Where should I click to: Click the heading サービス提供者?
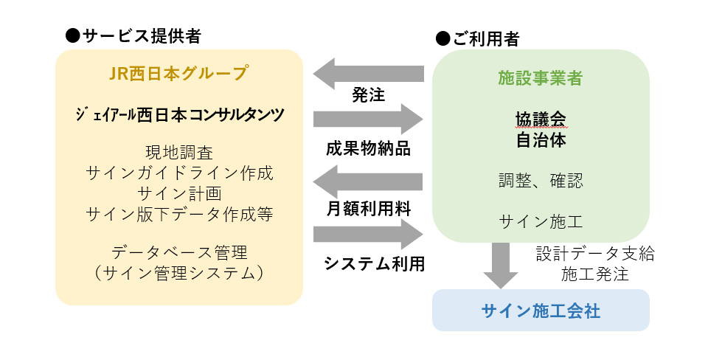[142, 35]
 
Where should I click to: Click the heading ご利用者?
[486, 39]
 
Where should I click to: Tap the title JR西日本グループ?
[178, 73]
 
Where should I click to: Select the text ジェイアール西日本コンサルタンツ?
[180, 115]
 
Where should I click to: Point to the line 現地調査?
[179, 153]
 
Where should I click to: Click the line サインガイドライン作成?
[179, 173]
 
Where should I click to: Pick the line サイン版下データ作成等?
[179, 214]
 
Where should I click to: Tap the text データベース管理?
[179, 252]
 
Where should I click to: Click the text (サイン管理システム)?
[179, 273]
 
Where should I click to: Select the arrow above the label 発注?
[369, 74]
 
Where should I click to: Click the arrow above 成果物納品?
[369, 120]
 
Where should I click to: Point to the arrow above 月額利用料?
[368, 181]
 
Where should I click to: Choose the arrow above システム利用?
[369, 235]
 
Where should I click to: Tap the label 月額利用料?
[369, 209]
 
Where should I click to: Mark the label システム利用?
[375, 264]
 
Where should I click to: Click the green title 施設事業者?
[541, 78]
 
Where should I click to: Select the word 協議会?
[541, 120]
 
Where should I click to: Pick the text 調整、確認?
[541, 181]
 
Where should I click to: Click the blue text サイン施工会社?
[541, 311]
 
